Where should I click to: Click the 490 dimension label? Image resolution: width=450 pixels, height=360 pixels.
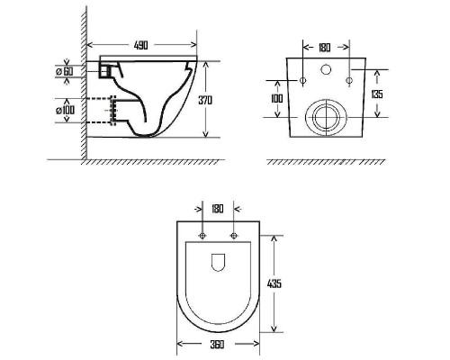(x=140, y=45)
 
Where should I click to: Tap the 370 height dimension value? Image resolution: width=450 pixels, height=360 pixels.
(x=205, y=100)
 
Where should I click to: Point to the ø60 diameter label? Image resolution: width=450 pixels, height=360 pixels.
(x=65, y=71)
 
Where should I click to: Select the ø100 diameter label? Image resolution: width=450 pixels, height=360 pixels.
(x=65, y=110)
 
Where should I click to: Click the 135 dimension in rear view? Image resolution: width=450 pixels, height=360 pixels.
(x=377, y=94)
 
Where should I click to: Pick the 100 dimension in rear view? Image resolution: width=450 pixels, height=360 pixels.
(x=276, y=98)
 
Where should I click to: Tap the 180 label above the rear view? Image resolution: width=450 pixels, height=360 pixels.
(x=324, y=48)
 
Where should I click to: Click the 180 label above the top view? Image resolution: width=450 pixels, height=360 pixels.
(x=218, y=209)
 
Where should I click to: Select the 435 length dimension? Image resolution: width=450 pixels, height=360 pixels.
(x=274, y=283)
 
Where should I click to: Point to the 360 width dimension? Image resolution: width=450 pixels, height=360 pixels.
(x=217, y=345)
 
